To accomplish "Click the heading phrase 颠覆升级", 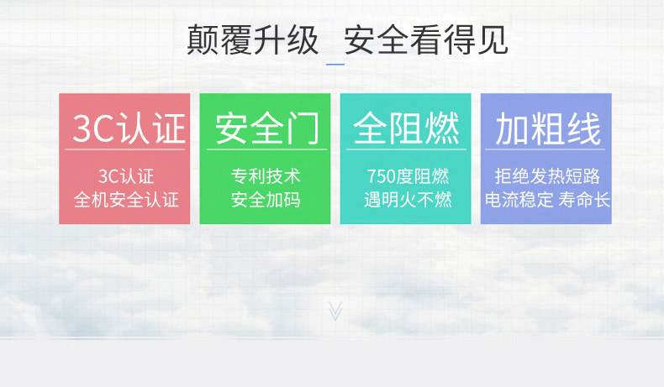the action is click(252, 39).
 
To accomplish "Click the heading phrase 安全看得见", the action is click(425, 39).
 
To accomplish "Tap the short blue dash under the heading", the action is click(335, 65).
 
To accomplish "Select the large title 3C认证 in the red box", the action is click(129, 128).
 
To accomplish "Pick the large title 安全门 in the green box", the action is click(267, 128).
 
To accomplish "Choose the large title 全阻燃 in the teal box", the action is click(407, 128).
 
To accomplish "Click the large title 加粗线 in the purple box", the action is click(548, 128).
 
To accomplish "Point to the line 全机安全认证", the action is click(126, 200).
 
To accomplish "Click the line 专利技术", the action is click(266, 176).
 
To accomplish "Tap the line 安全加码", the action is click(266, 200).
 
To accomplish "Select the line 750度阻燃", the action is click(408, 176).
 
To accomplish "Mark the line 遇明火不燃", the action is click(408, 200).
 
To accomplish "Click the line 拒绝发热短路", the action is click(547, 176).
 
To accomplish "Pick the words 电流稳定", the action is click(519, 200).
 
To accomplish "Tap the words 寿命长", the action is click(584, 200).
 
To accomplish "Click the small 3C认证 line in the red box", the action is click(126, 176).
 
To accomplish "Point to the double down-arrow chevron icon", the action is click(335, 311).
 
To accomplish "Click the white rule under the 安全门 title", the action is click(266, 149).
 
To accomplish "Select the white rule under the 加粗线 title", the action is click(545, 149).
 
